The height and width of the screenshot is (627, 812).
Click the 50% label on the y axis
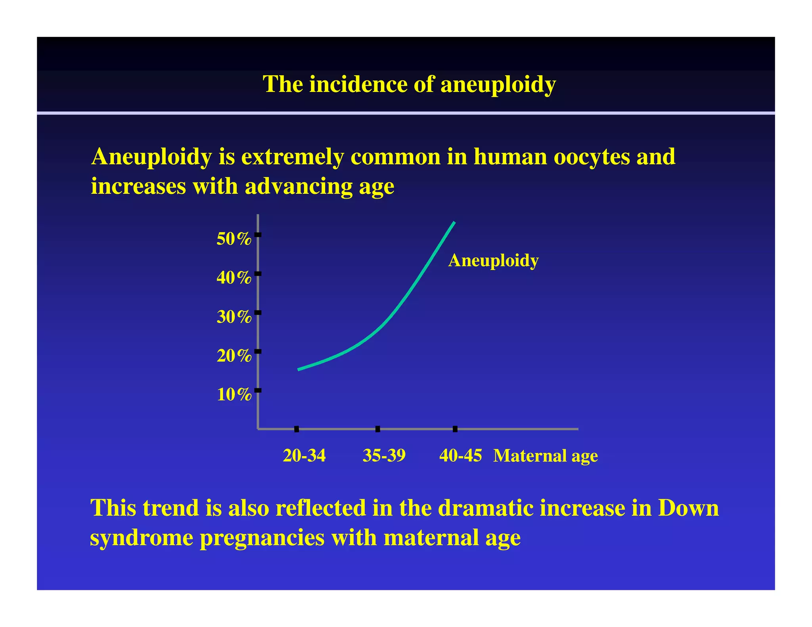[x=234, y=239]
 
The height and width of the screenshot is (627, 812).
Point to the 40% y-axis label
[x=234, y=278]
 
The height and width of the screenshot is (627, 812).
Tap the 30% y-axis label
[x=234, y=317]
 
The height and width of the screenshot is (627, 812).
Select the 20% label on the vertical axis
[x=234, y=356]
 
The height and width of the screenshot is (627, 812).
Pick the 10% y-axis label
[x=234, y=395]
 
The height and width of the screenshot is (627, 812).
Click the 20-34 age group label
[x=304, y=456]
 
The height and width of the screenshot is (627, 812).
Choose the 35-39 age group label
[x=384, y=456]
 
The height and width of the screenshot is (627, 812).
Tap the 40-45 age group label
[x=460, y=456]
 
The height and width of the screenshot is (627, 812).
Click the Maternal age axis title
[x=545, y=456]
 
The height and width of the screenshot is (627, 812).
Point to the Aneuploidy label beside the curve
[x=493, y=261]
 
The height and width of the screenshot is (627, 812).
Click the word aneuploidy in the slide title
[x=498, y=84]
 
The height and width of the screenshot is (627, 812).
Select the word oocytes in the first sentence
[x=592, y=157]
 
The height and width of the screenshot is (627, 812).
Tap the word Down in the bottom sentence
[x=688, y=508]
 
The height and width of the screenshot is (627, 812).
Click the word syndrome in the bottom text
[x=141, y=538]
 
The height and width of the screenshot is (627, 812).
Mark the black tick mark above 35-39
[x=377, y=429]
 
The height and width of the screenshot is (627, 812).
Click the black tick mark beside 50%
[x=258, y=235]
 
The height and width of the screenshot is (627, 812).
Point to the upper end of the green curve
[x=454, y=223]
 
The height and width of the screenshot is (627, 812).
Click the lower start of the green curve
[x=299, y=369]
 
